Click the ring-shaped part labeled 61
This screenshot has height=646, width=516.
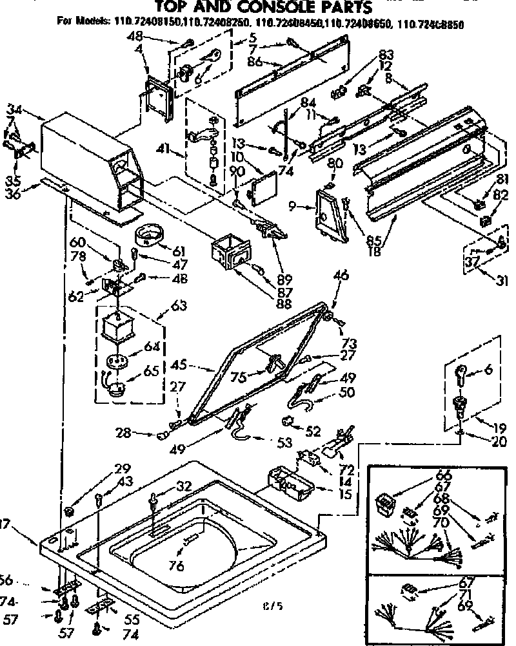[x=149, y=236]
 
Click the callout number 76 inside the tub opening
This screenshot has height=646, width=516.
[x=176, y=566]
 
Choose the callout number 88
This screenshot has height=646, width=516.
[x=281, y=303]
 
